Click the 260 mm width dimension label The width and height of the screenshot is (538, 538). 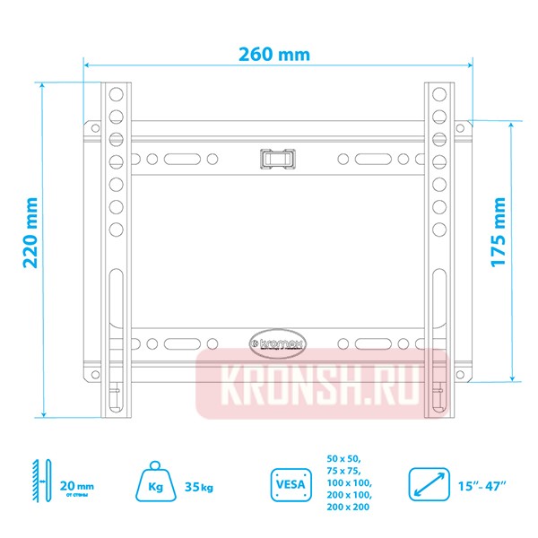(274, 54)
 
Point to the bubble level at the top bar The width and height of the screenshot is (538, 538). (278, 158)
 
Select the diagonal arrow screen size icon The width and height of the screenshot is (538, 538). (429, 485)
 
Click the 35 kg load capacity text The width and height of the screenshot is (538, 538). (198, 487)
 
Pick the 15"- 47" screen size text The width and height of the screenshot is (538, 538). (485, 486)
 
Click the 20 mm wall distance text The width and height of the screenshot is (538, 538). (75, 485)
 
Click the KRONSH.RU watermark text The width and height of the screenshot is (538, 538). (322, 382)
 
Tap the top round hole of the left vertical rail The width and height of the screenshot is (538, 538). (116, 94)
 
